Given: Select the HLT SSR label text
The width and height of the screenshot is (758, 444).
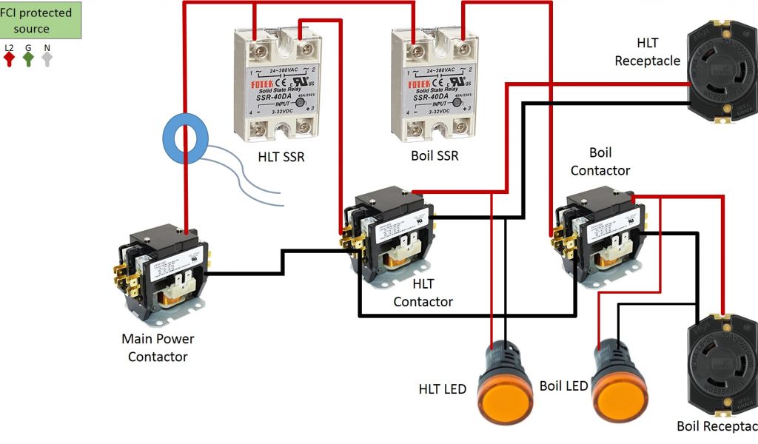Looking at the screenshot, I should pos(281,157).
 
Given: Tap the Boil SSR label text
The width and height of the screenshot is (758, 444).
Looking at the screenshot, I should pos(435,156).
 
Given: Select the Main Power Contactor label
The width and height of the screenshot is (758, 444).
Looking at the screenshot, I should pos(158,348).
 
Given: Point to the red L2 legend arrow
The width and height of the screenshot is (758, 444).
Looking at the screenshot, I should pos(10,58).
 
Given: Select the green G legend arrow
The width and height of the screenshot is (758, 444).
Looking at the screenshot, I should pos(28,58).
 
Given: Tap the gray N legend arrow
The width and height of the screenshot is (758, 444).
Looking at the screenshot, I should pos(47,58).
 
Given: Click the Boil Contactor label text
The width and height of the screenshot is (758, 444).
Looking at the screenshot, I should pos(600,161).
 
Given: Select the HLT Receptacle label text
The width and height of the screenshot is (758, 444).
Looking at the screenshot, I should pos(647,53).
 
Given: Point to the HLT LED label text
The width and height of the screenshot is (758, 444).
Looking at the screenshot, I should pos(442,388).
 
